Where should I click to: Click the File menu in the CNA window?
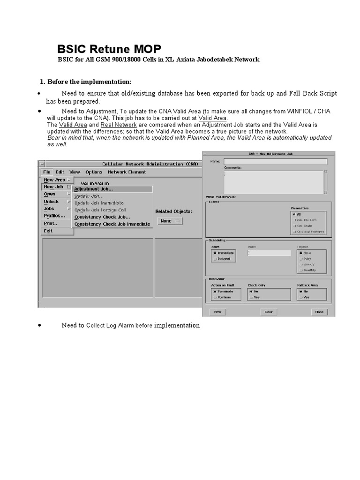(x=47, y=172)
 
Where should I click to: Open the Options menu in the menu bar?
(x=94, y=172)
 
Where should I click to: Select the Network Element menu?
(x=127, y=172)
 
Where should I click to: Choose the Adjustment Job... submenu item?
(x=93, y=189)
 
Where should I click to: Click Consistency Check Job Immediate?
(x=112, y=224)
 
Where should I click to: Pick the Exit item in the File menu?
(x=48, y=231)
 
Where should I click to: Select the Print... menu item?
(x=51, y=223)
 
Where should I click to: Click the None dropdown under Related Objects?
(x=170, y=221)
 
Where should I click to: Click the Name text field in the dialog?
(x=275, y=161)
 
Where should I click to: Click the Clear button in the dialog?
(x=269, y=312)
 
